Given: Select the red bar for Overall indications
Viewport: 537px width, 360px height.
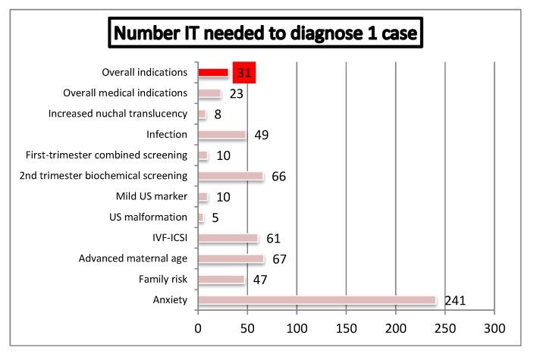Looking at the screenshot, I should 213,73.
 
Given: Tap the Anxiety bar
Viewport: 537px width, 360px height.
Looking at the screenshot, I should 316,300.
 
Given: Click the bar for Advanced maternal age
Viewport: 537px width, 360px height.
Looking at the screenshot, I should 231,259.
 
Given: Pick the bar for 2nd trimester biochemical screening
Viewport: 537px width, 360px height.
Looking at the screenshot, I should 230,176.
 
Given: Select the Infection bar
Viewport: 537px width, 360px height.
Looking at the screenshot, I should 221,135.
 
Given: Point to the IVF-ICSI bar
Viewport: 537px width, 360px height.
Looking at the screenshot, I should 228,238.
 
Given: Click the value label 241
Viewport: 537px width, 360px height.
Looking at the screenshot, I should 454,301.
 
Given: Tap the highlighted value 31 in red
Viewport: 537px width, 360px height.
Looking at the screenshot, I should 244,73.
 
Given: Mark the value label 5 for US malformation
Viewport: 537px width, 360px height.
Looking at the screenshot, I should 215,218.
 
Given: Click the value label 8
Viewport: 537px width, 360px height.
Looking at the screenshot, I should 218,114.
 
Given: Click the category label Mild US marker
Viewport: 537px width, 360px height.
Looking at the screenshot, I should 151,197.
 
